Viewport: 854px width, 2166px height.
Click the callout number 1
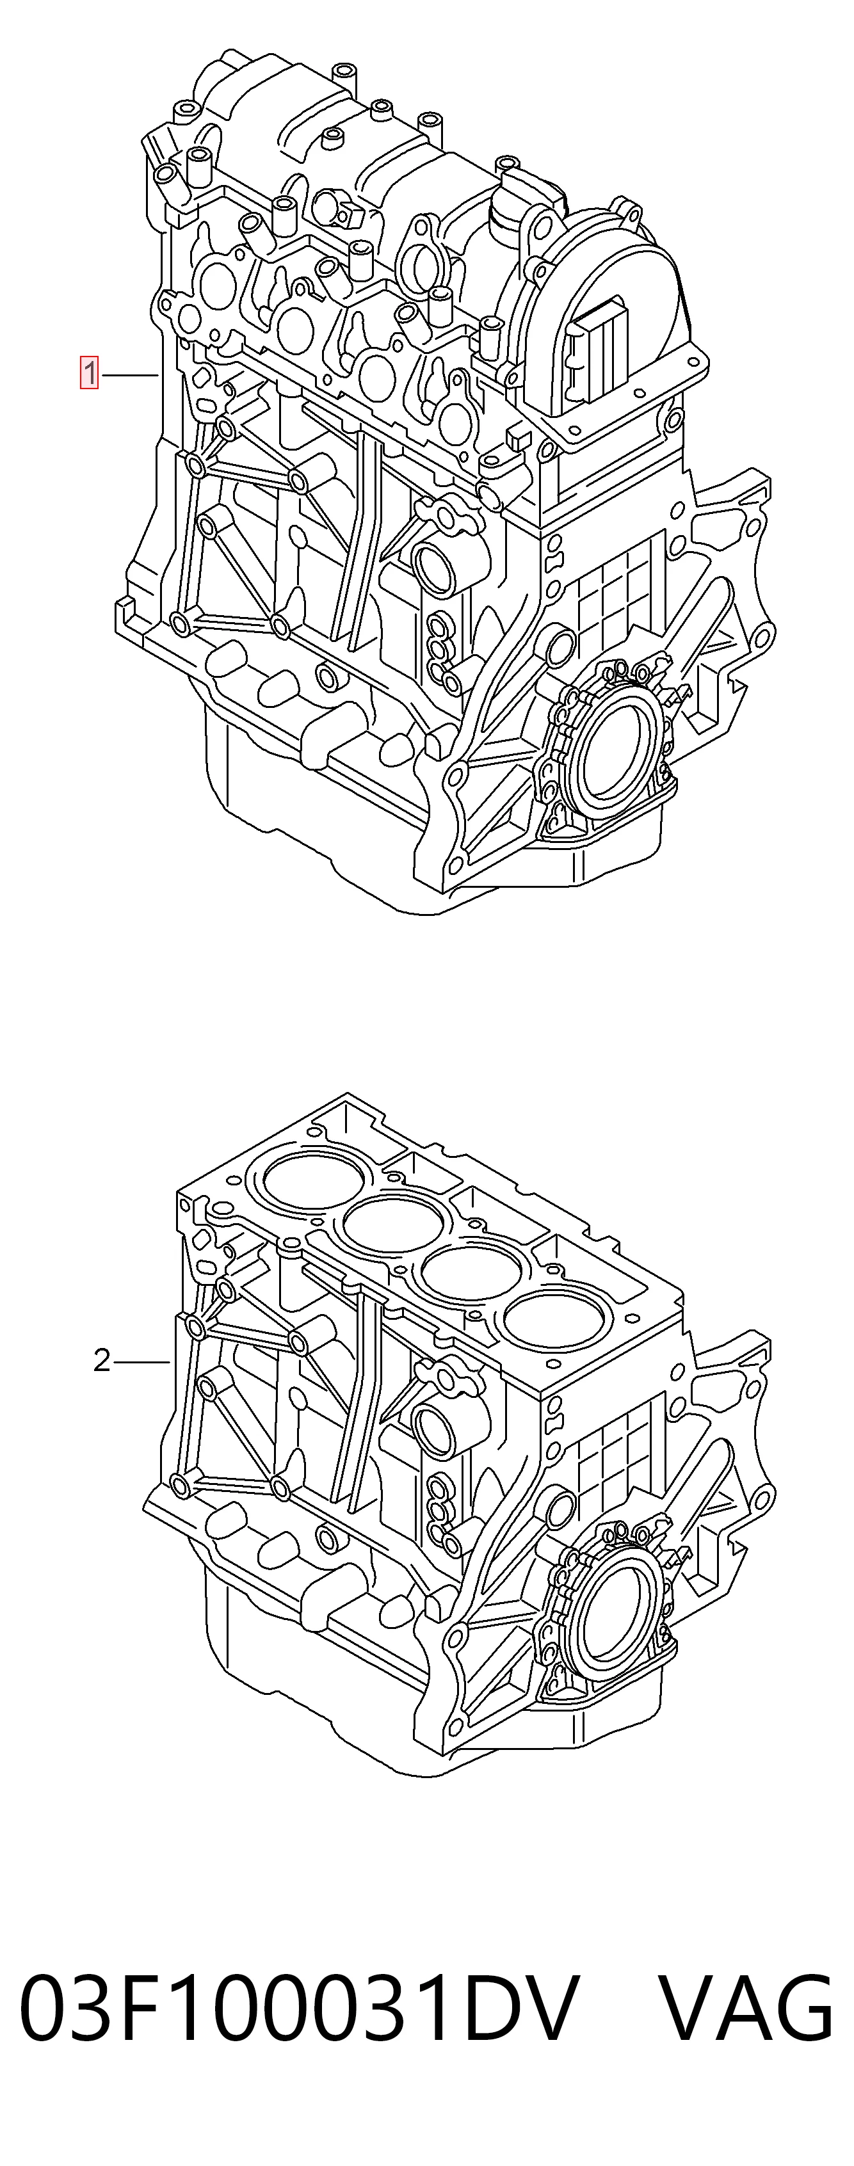89,373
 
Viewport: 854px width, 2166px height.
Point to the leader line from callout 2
142,1361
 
